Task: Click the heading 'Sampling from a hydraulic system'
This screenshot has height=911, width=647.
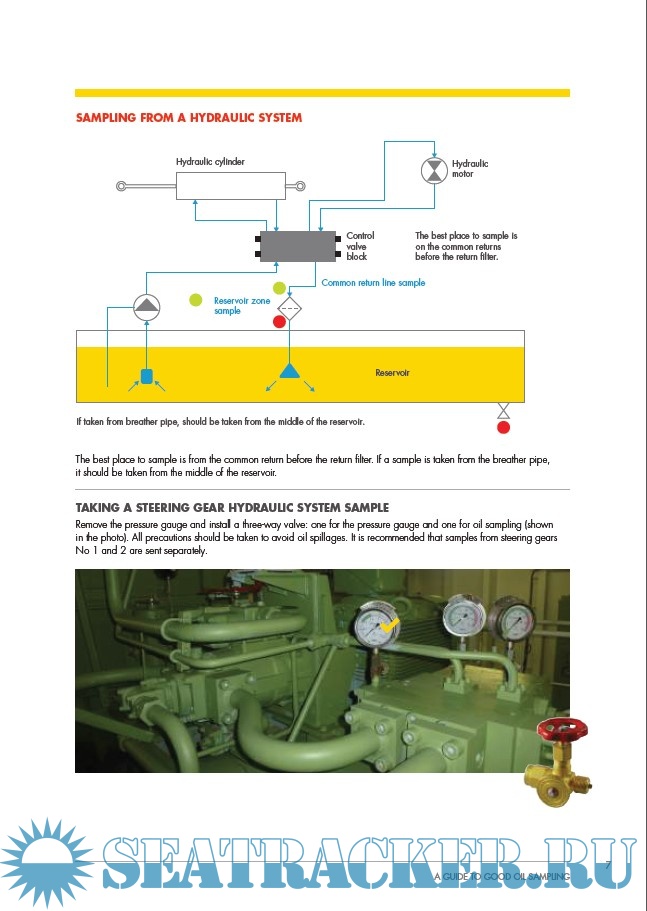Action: click(189, 118)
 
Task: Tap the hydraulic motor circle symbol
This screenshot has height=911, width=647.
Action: click(434, 169)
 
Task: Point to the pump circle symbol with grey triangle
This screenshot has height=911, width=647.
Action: click(146, 306)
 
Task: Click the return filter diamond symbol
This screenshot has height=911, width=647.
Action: click(289, 307)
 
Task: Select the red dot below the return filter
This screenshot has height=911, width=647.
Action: click(279, 322)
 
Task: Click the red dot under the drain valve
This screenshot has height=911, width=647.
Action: click(504, 428)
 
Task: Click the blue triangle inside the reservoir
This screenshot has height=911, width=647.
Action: click(289, 371)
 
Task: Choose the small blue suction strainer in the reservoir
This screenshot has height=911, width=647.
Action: click(146, 376)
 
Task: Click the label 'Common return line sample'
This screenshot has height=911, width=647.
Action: click(373, 283)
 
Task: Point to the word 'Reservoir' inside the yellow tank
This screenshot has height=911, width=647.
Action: click(393, 373)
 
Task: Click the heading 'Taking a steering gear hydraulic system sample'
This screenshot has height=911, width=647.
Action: click(232, 508)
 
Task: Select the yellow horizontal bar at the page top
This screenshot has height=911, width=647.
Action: click(323, 93)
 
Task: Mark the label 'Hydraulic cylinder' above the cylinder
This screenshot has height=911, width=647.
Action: click(210, 161)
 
